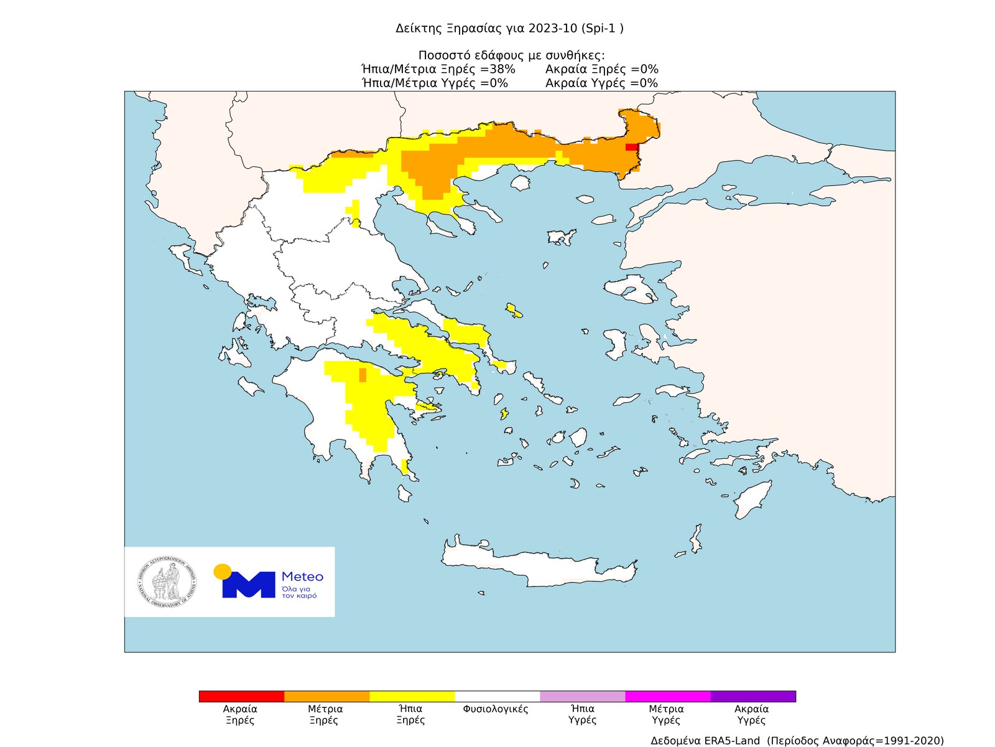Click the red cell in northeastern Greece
(x=631, y=147)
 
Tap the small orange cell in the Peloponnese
(x=363, y=375)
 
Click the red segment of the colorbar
(x=241, y=696)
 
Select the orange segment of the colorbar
(x=326, y=696)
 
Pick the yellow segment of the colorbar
(x=412, y=696)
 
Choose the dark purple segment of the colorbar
(x=753, y=696)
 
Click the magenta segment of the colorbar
(x=667, y=696)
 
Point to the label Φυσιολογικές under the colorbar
(x=496, y=709)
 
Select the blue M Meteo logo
(x=249, y=585)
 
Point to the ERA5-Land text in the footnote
(x=732, y=740)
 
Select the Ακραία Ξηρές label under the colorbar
(x=240, y=715)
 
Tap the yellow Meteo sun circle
(x=222, y=571)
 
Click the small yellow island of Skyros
(x=514, y=311)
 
